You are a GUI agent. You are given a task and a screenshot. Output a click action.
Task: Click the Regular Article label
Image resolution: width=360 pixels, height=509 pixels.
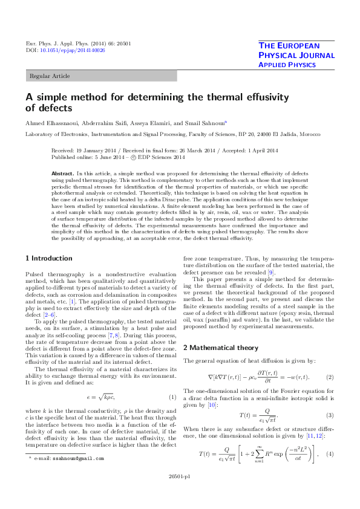tap(50, 76)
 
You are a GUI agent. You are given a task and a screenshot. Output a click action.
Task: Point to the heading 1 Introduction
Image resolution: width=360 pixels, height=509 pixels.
tap(48, 258)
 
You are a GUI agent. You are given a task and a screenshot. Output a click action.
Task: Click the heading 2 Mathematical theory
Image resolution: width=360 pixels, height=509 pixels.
tap(223, 348)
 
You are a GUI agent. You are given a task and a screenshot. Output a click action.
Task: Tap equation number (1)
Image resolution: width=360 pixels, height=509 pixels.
tap(172, 397)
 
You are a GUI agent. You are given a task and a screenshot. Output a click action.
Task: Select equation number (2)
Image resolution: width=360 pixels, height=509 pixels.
tap(330, 377)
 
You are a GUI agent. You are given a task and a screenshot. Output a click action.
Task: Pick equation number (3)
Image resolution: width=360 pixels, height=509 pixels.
tap(330, 415)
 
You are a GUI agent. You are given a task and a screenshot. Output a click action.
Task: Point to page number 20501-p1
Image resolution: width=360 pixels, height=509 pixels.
tap(180, 493)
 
